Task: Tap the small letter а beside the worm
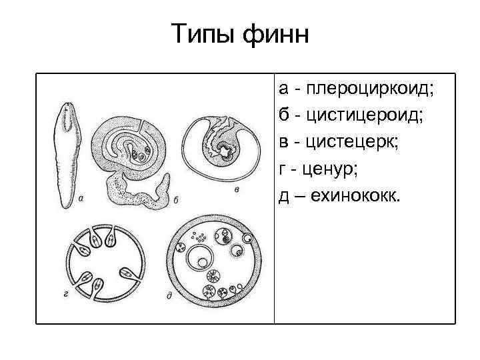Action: [x=81, y=197]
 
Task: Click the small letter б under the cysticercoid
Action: [x=175, y=198]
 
